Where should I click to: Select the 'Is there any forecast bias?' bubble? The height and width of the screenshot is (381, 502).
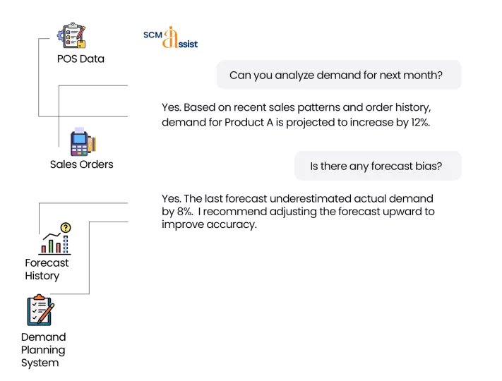[x=377, y=167]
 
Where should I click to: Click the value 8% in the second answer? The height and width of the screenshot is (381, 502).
[x=184, y=212]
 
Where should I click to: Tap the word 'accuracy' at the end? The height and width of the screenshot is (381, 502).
[x=232, y=225]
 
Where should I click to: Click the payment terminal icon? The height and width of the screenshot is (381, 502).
[x=78, y=141]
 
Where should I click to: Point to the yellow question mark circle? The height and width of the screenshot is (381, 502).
[x=66, y=227]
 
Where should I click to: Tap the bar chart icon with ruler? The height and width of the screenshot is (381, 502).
[x=54, y=244]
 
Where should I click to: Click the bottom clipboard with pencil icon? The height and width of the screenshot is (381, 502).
[x=41, y=309]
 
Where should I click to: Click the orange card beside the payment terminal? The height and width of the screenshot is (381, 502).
[x=96, y=144]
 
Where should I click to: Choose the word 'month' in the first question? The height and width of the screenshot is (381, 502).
[x=422, y=75]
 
